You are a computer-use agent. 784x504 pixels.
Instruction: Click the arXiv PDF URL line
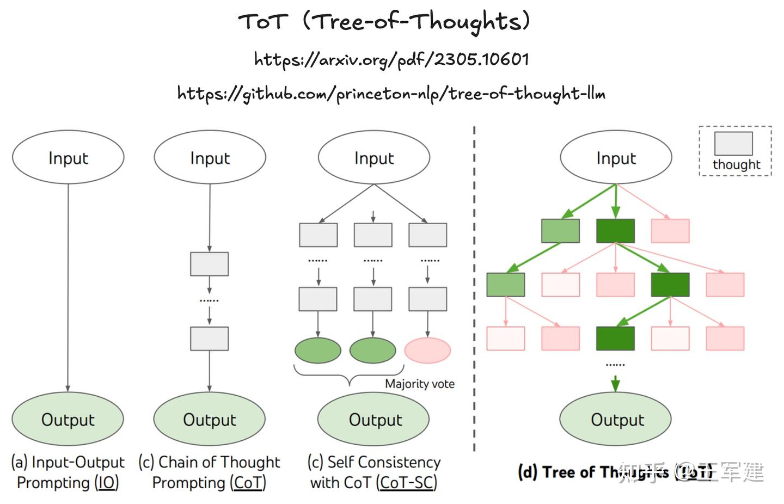coord(391,59)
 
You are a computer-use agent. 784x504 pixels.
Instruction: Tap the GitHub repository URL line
coord(391,94)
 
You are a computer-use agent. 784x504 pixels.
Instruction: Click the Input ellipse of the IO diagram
coord(68,157)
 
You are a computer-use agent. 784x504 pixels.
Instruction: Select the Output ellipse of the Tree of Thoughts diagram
coord(616,419)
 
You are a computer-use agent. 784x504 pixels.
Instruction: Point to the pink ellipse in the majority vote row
coord(427,351)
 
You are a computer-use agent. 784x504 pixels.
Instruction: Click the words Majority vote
coord(419,384)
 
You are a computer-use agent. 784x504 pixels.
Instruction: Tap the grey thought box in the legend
coord(733,143)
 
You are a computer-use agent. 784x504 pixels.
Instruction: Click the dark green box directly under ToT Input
coord(616,231)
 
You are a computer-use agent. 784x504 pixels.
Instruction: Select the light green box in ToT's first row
coord(560,231)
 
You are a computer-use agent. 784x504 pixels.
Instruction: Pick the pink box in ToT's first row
coord(670,231)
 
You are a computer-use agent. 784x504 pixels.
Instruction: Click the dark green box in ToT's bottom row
coord(616,338)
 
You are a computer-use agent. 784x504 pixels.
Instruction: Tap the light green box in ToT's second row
coord(506,285)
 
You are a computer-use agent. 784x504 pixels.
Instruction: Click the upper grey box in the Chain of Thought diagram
coord(210,264)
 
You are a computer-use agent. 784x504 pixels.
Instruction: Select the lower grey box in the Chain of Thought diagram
coord(210,338)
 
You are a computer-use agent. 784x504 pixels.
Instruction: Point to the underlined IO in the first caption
coord(107,483)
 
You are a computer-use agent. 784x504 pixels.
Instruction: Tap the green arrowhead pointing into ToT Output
coord(616,385)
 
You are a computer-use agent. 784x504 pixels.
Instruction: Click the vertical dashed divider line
coord(474,288)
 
